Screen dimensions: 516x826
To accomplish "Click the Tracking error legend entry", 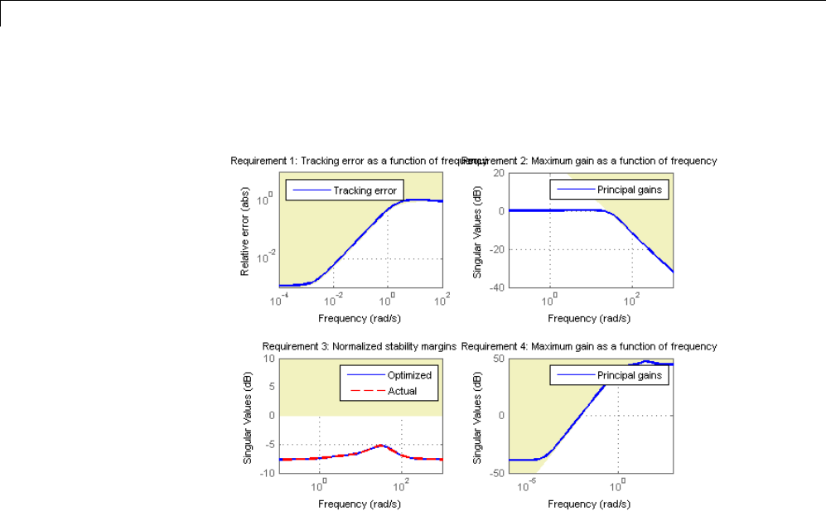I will (364, 190).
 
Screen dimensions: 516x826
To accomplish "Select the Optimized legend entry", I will (408, 375).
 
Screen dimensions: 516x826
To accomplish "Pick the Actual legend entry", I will (402, 390).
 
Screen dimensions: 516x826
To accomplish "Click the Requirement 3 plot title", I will (360, 346).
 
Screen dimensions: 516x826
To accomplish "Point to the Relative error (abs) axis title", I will (246, 230).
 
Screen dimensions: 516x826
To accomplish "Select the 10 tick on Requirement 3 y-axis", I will (270, 359).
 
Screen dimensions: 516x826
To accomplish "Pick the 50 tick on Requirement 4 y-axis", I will (499, 359).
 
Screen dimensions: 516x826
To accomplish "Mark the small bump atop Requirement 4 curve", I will (646, 362).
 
